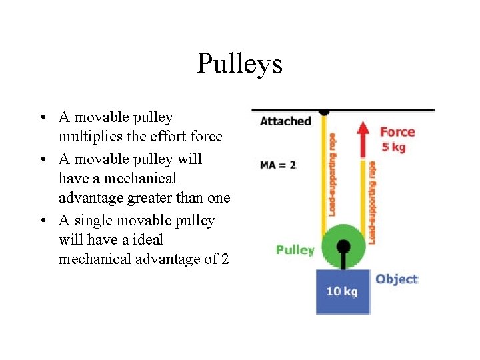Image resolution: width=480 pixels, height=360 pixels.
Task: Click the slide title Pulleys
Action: coord(240,64)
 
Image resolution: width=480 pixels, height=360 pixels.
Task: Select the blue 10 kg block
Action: coord(343,291)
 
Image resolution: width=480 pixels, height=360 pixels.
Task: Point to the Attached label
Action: coord(285,121)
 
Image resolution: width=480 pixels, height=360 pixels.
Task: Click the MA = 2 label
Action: coord(278,165)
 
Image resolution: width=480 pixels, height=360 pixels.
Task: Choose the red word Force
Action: coord(397,132)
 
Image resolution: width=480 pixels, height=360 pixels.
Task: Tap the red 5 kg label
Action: coord(393,147)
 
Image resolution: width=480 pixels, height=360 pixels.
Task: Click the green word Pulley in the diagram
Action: coord(295,250)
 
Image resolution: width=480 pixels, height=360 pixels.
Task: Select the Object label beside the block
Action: coord(397,279)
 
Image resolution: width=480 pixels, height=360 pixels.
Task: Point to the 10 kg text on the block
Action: coord(342,291)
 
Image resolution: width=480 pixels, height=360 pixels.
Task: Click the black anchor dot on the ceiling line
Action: coord(324,111)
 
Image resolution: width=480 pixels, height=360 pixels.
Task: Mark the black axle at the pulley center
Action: coord(343,247)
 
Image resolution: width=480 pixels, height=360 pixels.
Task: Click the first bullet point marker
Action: coord(42,119)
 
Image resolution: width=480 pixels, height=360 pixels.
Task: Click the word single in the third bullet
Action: coord(95,220)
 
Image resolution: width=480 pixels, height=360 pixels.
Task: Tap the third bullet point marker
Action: coord(42,221)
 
